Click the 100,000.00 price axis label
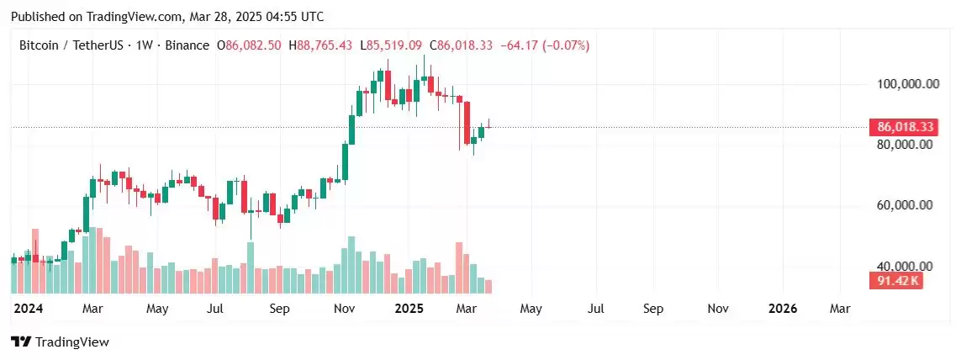click(900, 84)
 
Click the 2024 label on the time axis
click(29, 309)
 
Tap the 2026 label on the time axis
click(784, 309)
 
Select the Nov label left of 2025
click(345, 309)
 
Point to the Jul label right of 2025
click(597, 309)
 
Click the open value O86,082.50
click(249, 45)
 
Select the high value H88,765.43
click(320, 45)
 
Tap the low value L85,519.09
click(391, 45)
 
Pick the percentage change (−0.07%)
click(562, 45)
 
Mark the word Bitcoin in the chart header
click(39, 45)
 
